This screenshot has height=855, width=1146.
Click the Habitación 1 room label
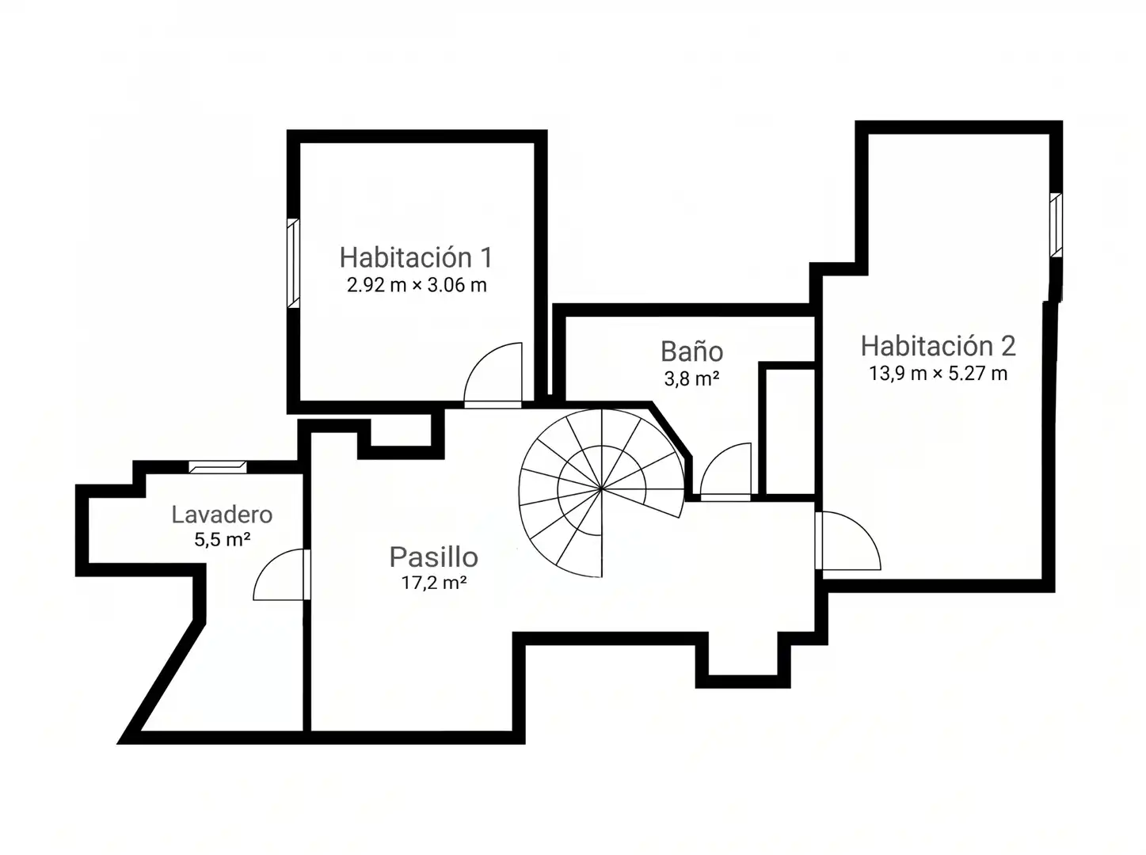[x=416, y=257]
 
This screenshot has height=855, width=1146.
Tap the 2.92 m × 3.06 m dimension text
[x=417, y=285]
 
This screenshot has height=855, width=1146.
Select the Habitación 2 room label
[x=939, y=346]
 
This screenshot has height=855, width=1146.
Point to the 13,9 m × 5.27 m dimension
[x=939, y=374]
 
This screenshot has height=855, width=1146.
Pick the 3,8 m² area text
[x=691, y=378]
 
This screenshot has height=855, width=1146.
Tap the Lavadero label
[x=222, y=515]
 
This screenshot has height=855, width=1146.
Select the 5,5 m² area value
[x=222, y=539]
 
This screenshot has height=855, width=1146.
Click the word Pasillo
[x=433, y=557]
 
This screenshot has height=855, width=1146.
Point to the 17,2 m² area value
[x=433, y=583]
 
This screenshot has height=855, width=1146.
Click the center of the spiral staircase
[x=601, y=489]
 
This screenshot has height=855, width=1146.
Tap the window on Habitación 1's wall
[x=293, y=264]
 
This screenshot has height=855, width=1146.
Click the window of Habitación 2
[x=1056, y=225]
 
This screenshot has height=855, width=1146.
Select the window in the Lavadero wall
[x=218, y=467]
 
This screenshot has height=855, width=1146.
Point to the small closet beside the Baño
[x=786, y=431]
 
